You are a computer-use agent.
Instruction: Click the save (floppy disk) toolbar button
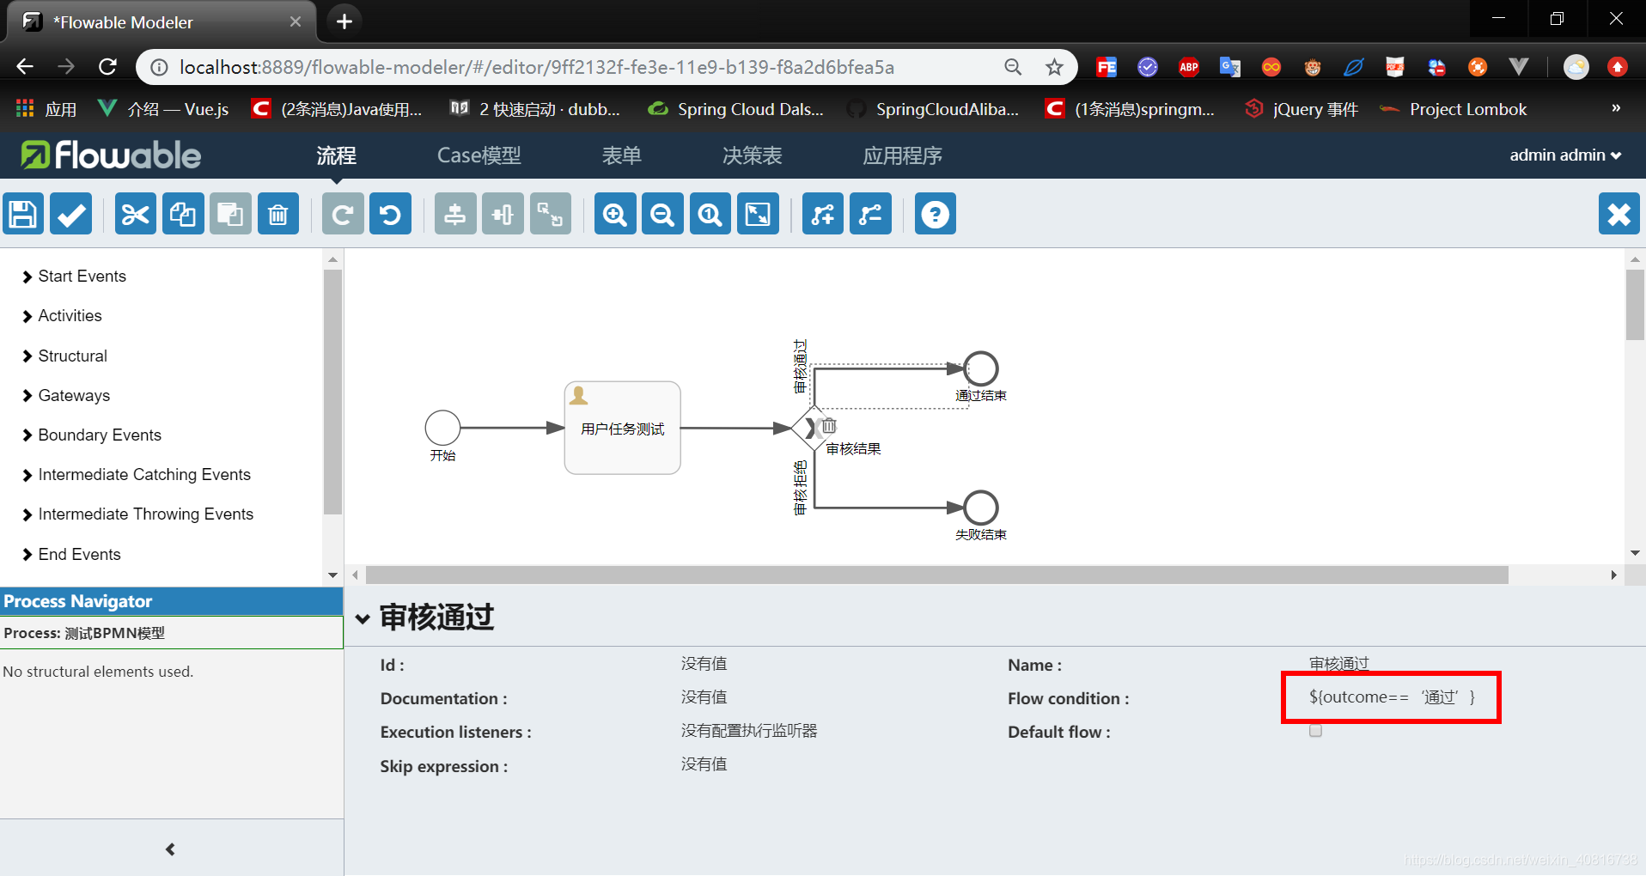[x=23, y=214]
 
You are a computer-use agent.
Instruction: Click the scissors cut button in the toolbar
[x=135, y=214]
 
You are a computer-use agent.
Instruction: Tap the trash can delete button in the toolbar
[x=277, y=214]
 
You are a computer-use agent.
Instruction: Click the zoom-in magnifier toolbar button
[x=615, y=214]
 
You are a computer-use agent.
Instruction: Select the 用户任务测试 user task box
[x=622, y=428]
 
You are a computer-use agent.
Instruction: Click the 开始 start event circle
[x=442, y=428]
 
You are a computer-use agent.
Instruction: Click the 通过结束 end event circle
[x=980, y=368]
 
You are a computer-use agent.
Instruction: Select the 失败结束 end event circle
[x=980, y=508]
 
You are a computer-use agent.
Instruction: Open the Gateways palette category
[x=74, y=396]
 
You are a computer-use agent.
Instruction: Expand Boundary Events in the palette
[x=100, y=435]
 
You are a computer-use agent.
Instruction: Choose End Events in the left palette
[x=79, y=555]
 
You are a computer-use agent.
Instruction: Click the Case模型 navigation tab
[x=479, y=155]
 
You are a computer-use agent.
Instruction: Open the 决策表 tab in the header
[x=752, y=155]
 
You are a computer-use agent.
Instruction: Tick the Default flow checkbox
[x=1315, y=731]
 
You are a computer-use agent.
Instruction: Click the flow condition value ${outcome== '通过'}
[x=1391, y=697]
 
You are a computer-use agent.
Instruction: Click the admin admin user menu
[x=1564, y=155]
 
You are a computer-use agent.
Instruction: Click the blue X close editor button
[x=1619, y=214]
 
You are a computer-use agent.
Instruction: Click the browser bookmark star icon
[x=1054, y=67]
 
